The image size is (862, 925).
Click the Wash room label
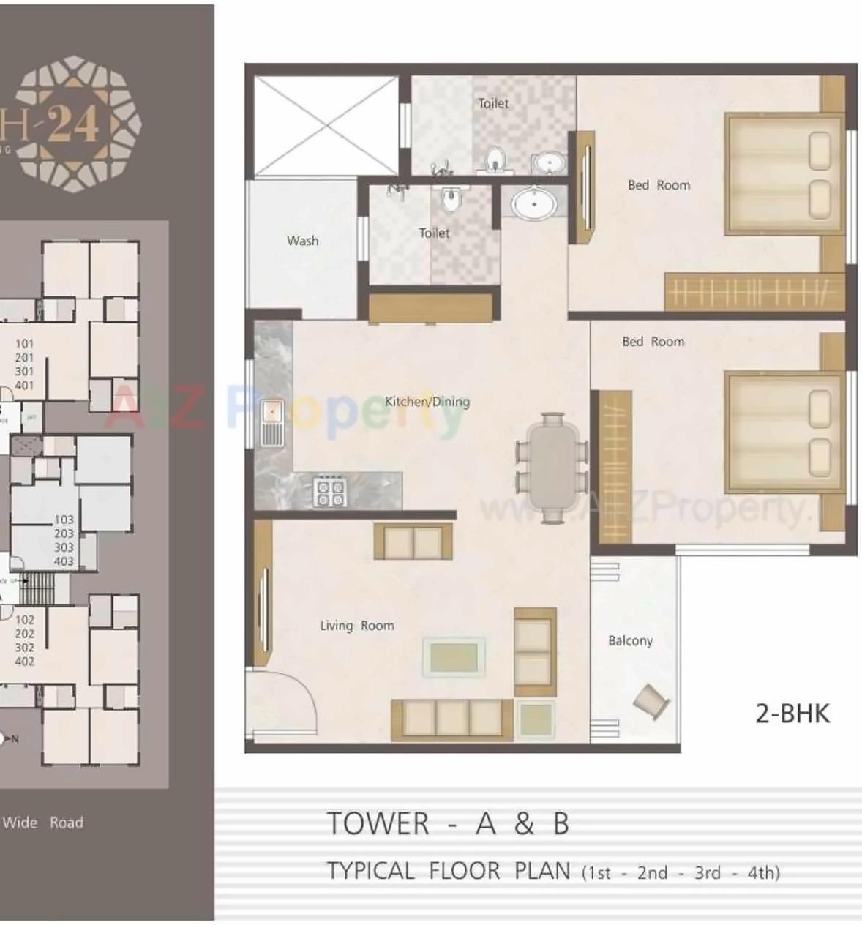(x=302, y=241)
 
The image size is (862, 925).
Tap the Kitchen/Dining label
(x=427, y=401)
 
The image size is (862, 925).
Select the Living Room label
(x=356, y=626)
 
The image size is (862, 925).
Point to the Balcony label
(x=630, y=641)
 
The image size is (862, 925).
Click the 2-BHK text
(x=792, y=713)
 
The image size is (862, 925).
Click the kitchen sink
(x=272, y=422)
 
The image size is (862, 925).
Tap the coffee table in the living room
(x=454, y=657)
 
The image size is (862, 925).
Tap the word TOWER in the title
(x=378, y=824)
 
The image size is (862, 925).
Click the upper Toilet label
(x=493, y=103)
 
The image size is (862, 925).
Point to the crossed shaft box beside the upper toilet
(x=326, y=126)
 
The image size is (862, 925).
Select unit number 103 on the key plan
(x=64, y=520)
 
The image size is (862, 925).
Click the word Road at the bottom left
(x=67, y=823)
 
